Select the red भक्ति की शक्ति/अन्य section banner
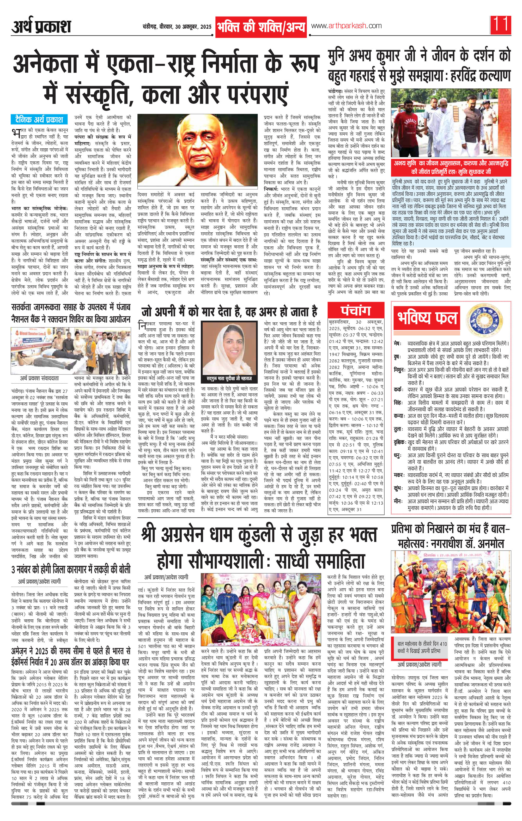click(261, 26)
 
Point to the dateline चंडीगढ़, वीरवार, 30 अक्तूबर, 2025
click(177, 27)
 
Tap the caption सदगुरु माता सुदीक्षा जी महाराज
click(229, 378)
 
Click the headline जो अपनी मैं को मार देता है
click(229, 312)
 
